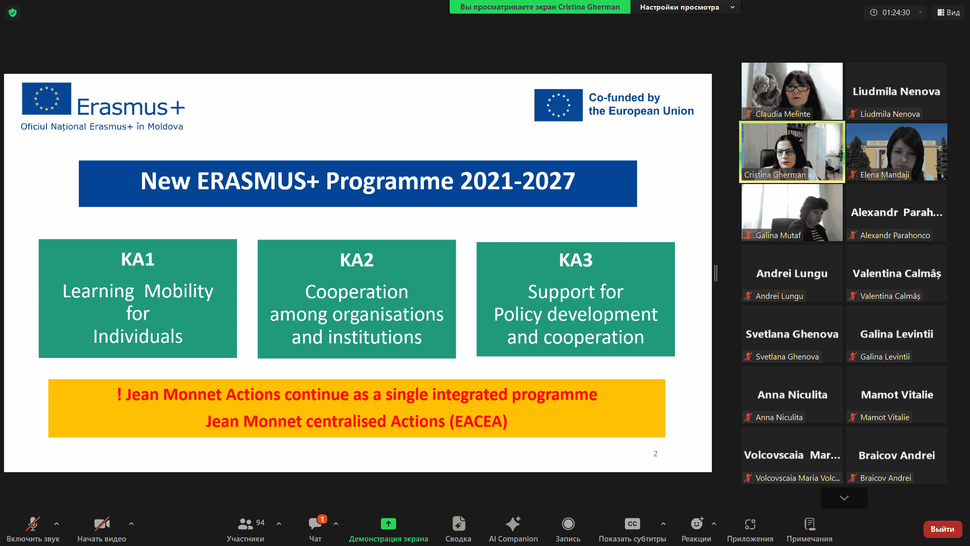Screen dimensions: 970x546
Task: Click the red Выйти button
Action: click(x=942, y=529)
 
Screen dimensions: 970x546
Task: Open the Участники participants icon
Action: click(x=246, y=524)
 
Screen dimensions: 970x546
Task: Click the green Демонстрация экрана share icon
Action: click(x=388, y=524)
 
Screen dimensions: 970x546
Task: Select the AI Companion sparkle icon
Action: click(x=513, y=523)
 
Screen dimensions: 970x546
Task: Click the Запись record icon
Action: click(x=568, y=524)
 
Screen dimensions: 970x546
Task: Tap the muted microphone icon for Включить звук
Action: click(x=33, y=524)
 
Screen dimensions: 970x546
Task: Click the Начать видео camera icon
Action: click(x=102, y=524)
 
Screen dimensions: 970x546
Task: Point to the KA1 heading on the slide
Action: click(x=138, y=259)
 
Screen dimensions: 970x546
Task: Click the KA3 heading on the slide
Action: click(x=575, y=260)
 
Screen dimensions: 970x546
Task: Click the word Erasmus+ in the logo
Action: click(x=131, y=107)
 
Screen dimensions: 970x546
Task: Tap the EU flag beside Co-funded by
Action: click(x=558, y=105)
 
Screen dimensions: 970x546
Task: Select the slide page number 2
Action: click(x=655, y=453)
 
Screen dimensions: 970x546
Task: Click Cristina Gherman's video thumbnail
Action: click(x=792, y=152)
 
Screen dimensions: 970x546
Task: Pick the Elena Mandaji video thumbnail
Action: click(x=897, y=152)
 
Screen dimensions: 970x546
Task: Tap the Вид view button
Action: click(x=948, y=13)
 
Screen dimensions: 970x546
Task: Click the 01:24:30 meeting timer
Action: click(x=896, y=13)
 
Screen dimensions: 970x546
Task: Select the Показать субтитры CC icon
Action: click(x=632, y=524)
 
